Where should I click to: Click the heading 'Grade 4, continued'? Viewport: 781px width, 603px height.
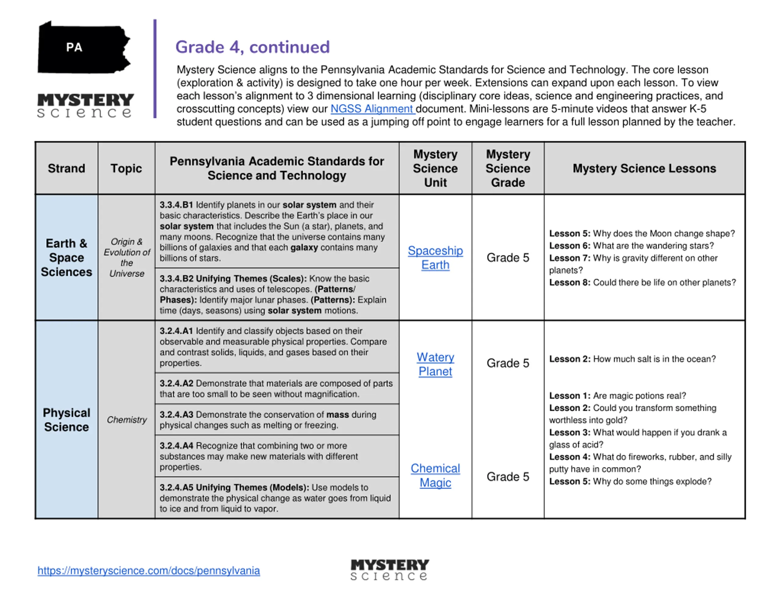pyautogui.click(x=253, y=47)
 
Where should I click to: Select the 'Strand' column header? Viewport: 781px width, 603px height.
pyautogui.click(x=67, y=168)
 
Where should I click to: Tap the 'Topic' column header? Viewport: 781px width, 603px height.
pyautogui.click(x=126, y=168)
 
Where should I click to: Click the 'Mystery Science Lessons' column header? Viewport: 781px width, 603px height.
pyautogui.click(x=644, y=168)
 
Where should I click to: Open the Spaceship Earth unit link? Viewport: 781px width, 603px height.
pyautogui.click(x=435, y=258)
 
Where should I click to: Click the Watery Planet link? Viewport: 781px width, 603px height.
pyautogui.click(x=435, y=364)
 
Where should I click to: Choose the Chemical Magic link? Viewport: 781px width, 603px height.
pyautogui.click(x=435, y=475)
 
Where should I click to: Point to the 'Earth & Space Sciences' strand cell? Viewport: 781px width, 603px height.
pyautogui.click(x=67, y=257)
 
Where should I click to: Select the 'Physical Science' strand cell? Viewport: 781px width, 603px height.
pyautogui.click(x=67, y=420)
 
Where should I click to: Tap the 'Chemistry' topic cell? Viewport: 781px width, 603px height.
pyautogui.click(x=127, y=420)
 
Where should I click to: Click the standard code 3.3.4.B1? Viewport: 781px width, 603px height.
pyautogui.click(x=176, y=205)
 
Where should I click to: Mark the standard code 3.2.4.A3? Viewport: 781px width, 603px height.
pyautogui.click(x=176, y=415)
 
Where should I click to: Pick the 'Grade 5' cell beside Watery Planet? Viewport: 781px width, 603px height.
pyautogui.click(x=508, y=363)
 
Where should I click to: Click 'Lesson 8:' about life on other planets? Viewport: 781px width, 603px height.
pyautogui.click(x=570, y=282)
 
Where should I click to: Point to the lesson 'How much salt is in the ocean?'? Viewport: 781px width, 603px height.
pyautogui.click(x=654, y=359)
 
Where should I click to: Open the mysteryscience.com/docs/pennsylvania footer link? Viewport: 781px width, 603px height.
pyautogui.click(x=149, y=570)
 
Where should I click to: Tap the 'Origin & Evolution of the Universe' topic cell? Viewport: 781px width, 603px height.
pyautogui.click(x=127, y=257)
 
